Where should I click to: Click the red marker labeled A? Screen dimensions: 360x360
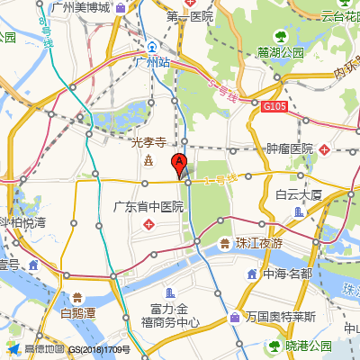[x=178, y=166]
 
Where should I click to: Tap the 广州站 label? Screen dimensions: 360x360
[x=151, y=62]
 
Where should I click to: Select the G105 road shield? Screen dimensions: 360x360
[x=274, y=107]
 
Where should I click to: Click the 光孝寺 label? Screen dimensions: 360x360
[x=148, y=141]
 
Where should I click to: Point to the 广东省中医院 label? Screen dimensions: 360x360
[x=148, y=206]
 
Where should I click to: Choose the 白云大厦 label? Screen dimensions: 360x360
[x=299, y=193]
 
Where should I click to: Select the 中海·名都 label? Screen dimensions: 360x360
[x=288, y=273]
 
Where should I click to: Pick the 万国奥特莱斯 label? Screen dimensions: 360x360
[x=284, y=317]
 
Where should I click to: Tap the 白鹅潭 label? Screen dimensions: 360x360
[x=78, y=313]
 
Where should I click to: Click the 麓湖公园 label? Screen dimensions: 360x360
[x=280, y=52]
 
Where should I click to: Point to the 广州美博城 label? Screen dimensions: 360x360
[x=81, y=8]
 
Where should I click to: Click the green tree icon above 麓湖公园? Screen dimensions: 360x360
[x=280, y=36]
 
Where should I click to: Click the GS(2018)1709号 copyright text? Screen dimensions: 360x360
[x=100, y=349]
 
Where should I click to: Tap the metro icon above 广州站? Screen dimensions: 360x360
[x=153, y=46]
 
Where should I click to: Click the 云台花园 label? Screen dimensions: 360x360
[x=328, y=13]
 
